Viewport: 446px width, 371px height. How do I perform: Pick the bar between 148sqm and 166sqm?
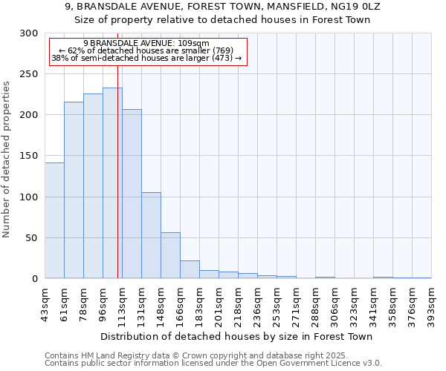tap(170, 255)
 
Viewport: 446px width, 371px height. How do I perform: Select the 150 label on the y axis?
tap(29, 156)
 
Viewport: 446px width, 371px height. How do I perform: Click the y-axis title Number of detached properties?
tap(7, 160)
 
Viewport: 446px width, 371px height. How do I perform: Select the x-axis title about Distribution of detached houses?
tap(236, 336)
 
